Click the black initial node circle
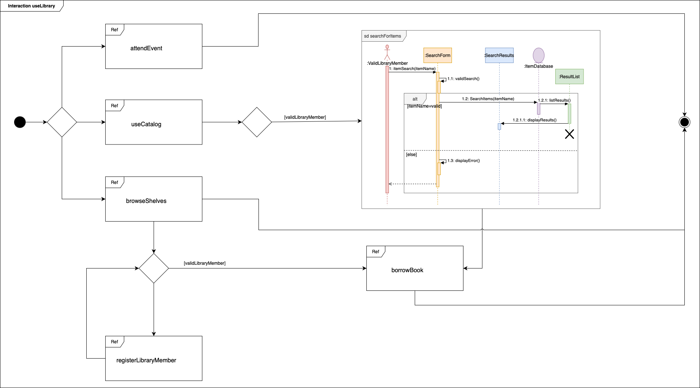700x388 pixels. tap(20, 122)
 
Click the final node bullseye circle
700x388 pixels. tap(684, 122)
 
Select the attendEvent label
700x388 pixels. tap(146, 48)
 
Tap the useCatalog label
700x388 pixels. tap(146, 124)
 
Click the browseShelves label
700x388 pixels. tap(146, 201)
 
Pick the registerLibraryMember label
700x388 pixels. tap(146, 360)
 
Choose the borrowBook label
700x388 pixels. tap(407, 270)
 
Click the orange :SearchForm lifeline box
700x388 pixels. tap(437, 55)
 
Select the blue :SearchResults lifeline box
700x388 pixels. tap(499, 55)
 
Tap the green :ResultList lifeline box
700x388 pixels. tap(569, 76)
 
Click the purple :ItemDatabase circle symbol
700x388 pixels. tap(539, 55)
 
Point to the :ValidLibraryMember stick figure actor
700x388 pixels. tap(387, 52)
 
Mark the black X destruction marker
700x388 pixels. tap(569, 134)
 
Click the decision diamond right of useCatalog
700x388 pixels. tap(257, 122)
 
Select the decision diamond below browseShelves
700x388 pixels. tap(154, 268)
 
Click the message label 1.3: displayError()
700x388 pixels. tap(463, 160)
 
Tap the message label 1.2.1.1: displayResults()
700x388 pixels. tap(534, 120)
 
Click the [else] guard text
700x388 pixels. tap(411, 155)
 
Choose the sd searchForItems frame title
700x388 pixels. tap(382, 36)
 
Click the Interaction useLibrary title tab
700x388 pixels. tap(31, 6)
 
